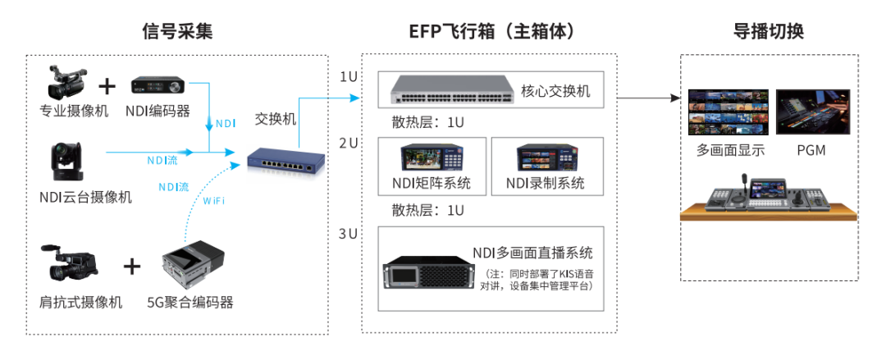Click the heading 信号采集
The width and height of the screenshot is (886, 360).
coord(177,31)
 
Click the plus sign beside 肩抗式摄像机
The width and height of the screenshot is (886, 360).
coord(132,266)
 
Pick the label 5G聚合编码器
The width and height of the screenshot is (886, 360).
coord(190,303)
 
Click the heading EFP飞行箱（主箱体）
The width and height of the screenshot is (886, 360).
coord(491,31)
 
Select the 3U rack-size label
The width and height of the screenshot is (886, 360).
coord(349,234)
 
